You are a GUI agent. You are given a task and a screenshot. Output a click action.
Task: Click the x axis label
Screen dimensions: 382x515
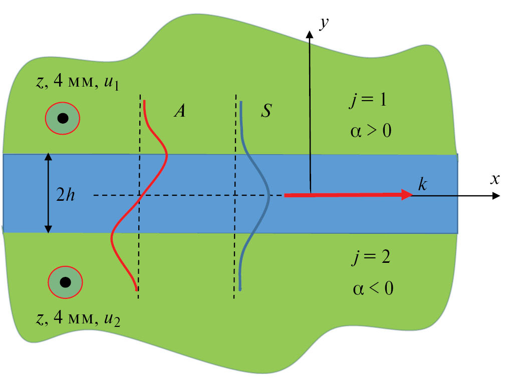click(x=495, y=179)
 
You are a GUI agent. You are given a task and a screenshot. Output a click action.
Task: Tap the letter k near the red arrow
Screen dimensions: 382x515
click(x=422, y=185)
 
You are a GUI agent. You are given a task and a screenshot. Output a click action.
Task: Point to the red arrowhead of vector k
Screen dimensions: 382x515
click(x=406, y=195)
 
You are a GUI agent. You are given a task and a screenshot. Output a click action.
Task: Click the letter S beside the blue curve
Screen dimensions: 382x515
click(x=266, y=111)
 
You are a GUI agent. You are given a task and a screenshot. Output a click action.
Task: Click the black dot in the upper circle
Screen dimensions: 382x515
click(x=63, y=119)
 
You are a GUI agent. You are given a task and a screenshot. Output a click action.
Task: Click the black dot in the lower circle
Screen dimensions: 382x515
click(x=65, y=282)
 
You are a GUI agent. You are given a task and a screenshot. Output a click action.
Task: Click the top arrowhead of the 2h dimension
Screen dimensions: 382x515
click(x=48, y=157)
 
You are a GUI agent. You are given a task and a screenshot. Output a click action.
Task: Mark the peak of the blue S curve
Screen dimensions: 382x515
click(x=270, y=195)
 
